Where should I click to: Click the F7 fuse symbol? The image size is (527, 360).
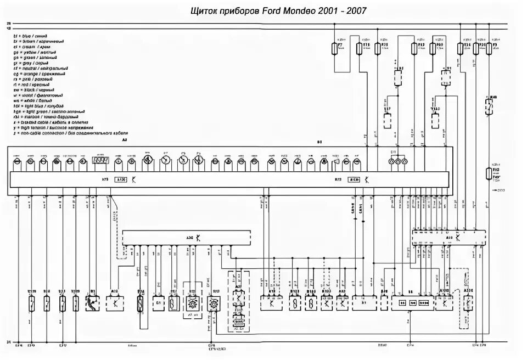336,49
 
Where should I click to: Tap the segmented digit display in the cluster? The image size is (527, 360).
100,162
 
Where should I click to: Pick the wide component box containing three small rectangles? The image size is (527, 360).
409,302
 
